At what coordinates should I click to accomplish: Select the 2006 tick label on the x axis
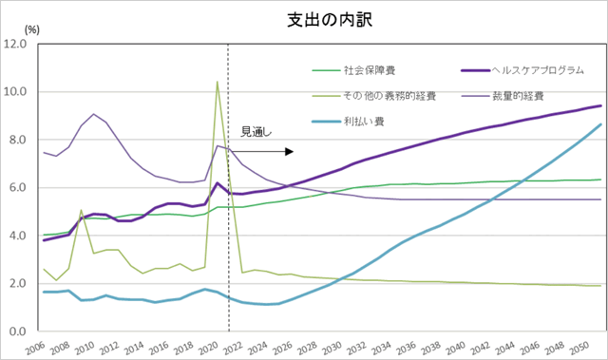pos(37,347)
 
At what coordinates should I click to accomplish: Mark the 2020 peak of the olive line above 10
pos(218,82)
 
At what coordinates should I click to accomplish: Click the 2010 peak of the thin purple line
pos(93,114)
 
